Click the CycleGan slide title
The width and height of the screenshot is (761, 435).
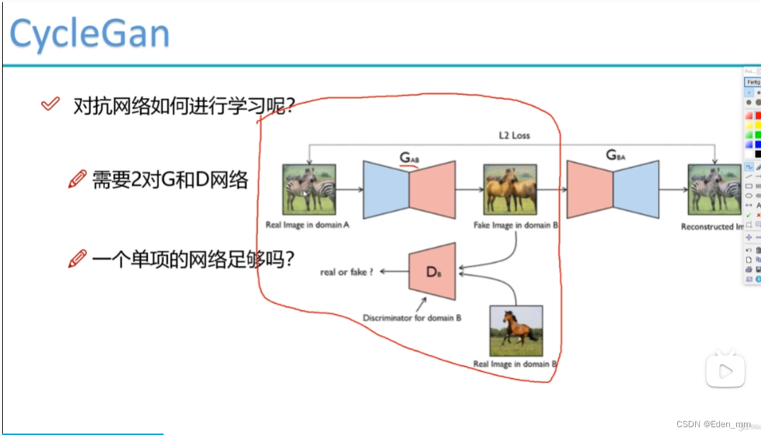pyautogui.click(x=89, y=33)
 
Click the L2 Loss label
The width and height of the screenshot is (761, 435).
pyautogui.click(x=513, y=135)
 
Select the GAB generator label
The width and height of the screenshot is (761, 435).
pyautogui.click(x=410, y=158)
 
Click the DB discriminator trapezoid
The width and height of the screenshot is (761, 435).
pyautogui.click(x=433, y=271)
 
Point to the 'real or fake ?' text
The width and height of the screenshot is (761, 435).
pyautogui.click(x=346, y=271)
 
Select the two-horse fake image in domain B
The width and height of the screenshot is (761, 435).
pyautogui.click(x=510, y=189)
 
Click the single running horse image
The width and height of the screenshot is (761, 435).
pyautogui.click(x=516, y=330)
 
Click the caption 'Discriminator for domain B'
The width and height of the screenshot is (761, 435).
pyautogui.click(x=412, y=318)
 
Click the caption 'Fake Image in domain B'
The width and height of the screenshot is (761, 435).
pyautogui.click(x=516, y=225)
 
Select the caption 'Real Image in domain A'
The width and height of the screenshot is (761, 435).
pyautogui.click(x=308, y=225)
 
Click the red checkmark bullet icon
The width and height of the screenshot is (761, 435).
pyautogui.click(x=50, y=105)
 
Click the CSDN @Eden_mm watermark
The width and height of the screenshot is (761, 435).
pyautogui.click(x=712, y=424)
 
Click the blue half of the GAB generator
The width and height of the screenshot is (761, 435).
pyautogui.click(x=386, y=189)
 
